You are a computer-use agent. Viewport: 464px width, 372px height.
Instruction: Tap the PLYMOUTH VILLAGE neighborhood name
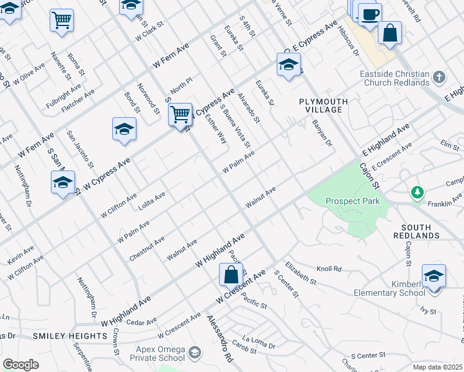click(321, 105)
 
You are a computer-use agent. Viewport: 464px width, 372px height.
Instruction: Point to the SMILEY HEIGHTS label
click(69, 336)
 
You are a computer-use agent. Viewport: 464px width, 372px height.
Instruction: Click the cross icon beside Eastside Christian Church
click(439, 77)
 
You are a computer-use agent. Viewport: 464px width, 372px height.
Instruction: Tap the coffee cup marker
click(370, 14)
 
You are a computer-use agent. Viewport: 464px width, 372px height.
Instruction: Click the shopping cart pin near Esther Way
click(180, 115)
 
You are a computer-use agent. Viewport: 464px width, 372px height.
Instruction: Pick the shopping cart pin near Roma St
click(61, 20)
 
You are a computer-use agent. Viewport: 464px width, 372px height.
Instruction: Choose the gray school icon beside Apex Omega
click(195, 353)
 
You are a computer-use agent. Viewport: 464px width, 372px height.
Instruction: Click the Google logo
click(21, 364)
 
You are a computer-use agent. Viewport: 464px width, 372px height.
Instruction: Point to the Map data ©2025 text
click(437, 367)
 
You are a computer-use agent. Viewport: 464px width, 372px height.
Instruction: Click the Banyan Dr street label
click(323, 131)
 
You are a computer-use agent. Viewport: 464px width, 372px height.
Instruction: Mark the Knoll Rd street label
click(329, 269)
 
